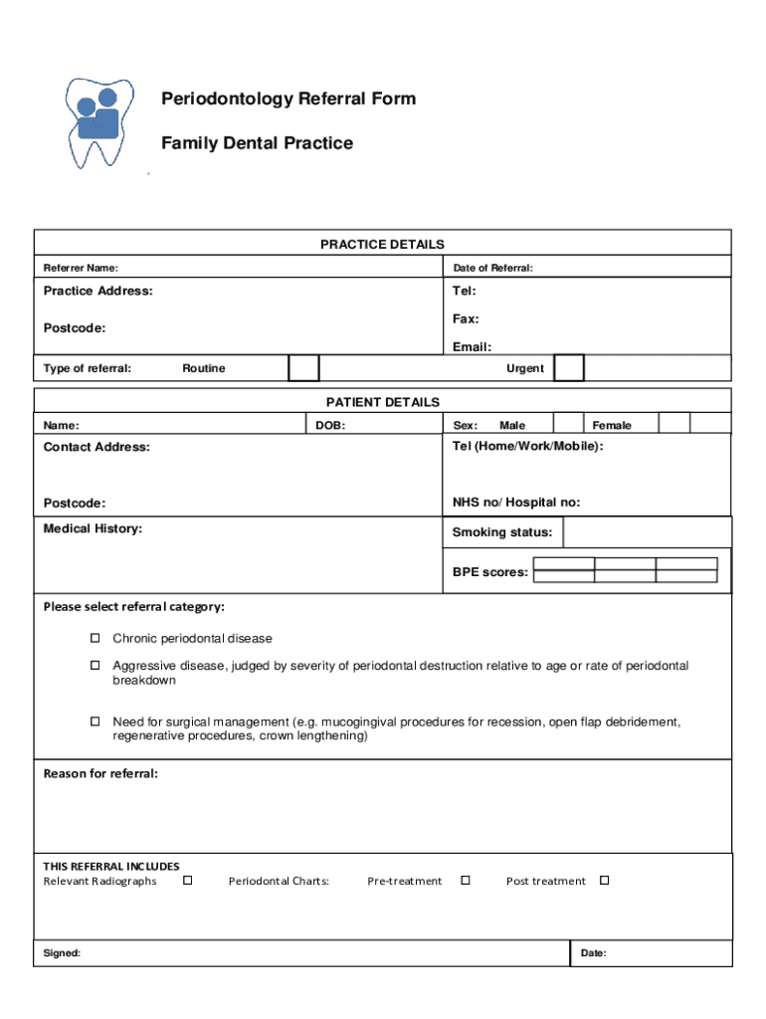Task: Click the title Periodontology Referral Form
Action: (x=288, y=99)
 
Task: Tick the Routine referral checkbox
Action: (x=303, y=368)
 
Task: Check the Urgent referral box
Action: (x=569, y=368)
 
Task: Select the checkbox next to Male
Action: (x=568, y=425)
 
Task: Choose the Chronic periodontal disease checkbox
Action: (x=96, y=638)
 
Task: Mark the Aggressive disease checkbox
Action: (x=96, y=665)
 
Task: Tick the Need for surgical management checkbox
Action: (x=96, y=720)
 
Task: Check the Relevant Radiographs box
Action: (x=187, y=881)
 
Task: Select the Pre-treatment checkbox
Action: (x=465, y=881)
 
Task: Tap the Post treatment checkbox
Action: (x=604, y=881)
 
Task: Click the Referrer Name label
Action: (x=81, y=268)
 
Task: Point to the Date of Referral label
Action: (x=492, y=268)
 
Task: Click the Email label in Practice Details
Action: (x=472, y=347)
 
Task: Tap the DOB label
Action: (x=330, y=425)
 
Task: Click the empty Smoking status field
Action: (x=647, y=532)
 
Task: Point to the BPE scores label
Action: (x=490, y=572)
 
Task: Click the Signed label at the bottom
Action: (x=62, y=953)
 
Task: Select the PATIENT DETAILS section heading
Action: (x=382, y=402)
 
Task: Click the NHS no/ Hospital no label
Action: (x=516, y=503)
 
